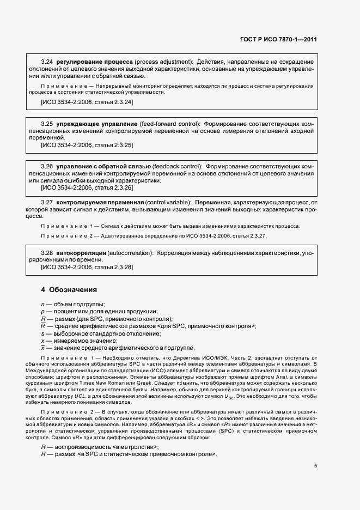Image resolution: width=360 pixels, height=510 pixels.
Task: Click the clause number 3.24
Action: tap(47, 63)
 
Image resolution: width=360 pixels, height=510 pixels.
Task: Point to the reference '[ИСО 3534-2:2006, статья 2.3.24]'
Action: tap(87, 102)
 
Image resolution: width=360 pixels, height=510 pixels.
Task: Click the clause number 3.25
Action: tap(47, 124)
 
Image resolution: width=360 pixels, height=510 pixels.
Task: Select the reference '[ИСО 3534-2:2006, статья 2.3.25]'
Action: tap(87, 145)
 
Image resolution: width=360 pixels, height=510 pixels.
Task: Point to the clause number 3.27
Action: tap(47, 202)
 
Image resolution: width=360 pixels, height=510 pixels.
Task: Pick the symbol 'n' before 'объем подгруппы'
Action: tap(42, 304)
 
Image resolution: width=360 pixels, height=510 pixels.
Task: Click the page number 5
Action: tap(315, 465)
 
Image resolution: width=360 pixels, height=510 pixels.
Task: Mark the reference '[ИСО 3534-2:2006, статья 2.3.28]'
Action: tap(87, 268)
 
